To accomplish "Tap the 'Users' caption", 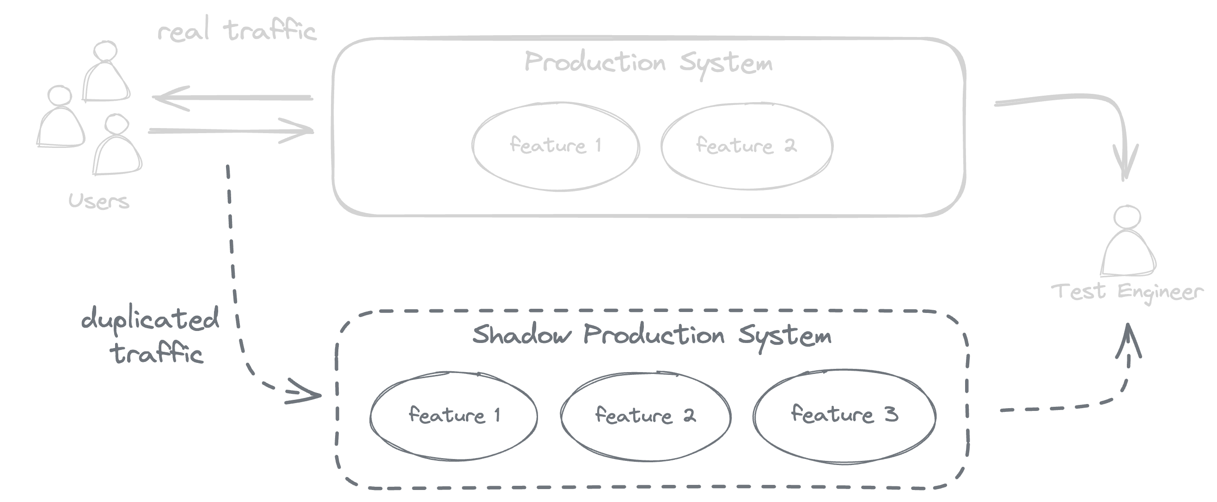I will [99, 202].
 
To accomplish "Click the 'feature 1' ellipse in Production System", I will [556, 146].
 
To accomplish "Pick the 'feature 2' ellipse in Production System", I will [746, 146].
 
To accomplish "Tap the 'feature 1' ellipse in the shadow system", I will [453, 416].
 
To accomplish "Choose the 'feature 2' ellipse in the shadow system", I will [645, 416].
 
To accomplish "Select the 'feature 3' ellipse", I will [844, 415].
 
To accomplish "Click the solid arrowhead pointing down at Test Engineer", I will [1126, 163].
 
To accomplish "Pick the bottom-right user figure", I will [116, 147].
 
